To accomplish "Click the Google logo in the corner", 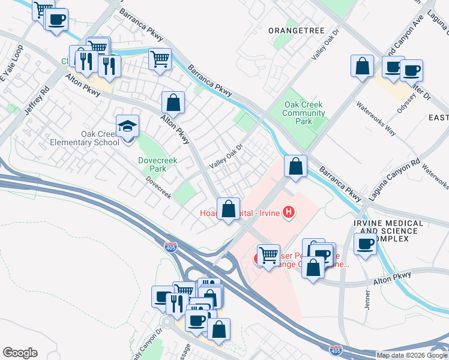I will [x=19, y=353].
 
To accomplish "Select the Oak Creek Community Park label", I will [x=304, y=113].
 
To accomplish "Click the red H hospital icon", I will [x=289, y=212].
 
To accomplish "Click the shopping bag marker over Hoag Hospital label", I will [x=228, y=209].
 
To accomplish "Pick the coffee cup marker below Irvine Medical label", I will [x=366, y=244].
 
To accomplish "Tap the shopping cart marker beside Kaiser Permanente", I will [x=268, y=255].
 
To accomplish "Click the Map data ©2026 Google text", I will [x=412, y=355].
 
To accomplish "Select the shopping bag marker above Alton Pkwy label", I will [x=173, y=102].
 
